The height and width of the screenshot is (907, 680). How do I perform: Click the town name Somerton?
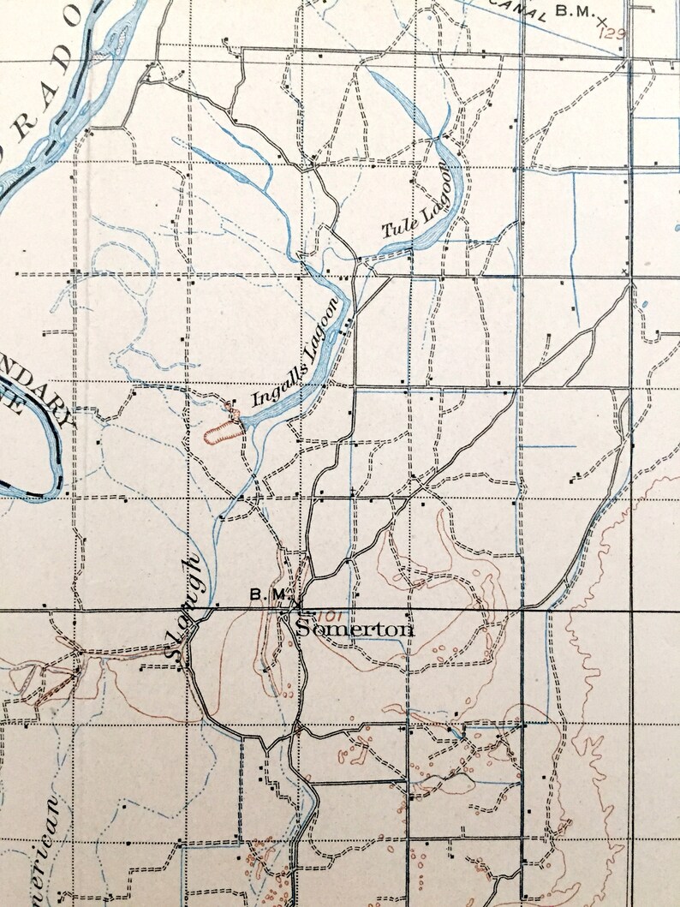pos(355,630)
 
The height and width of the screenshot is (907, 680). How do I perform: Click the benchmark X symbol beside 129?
pos(604,18)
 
